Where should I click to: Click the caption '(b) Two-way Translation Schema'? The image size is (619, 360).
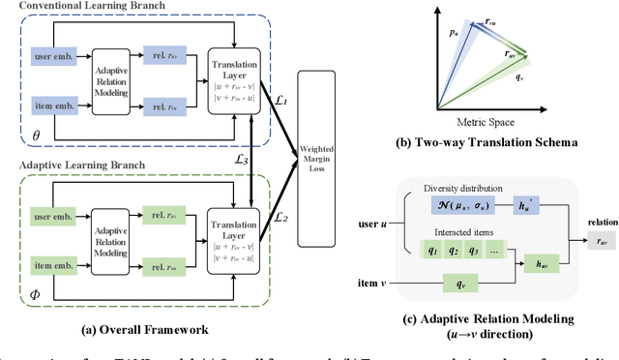(x=496, y=142)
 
